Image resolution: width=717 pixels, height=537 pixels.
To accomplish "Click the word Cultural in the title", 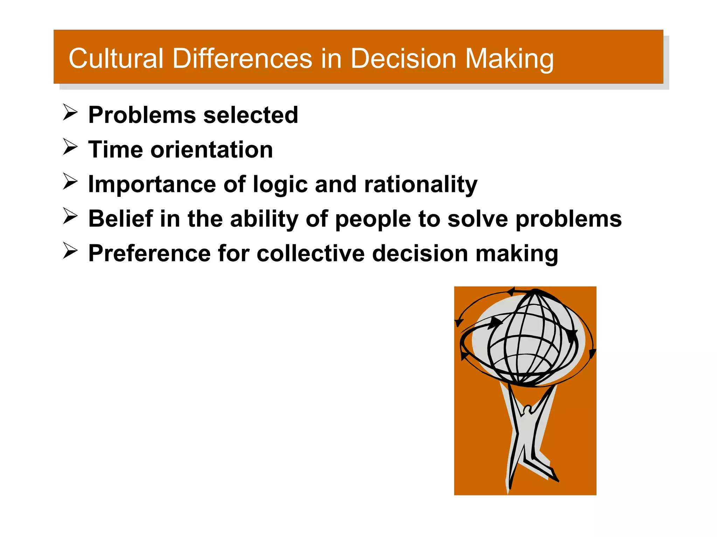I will pyautogui.click(x=116, y=58).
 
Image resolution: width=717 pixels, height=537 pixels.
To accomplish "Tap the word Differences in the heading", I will pyautogui.click(x=242, y=58).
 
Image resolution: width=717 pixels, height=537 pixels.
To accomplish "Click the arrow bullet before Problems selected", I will pyautogui.click(x=70, y=113).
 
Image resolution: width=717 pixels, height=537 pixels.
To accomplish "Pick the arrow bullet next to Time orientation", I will pyautogui.click(x=70, y=147).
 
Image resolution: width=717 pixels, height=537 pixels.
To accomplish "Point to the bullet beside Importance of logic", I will pyautogui.click(x=70, y=181).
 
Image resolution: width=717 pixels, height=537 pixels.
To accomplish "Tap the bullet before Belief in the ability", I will pyautogui.click(x=70, y=216).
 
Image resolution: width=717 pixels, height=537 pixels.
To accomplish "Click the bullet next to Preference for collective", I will pyautogui.click(x=70, y=251).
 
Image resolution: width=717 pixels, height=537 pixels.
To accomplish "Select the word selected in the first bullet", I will pyautogui.click(x=251, y=115).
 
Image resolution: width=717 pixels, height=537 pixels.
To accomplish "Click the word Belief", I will pyautogui.click(x=120, y=219).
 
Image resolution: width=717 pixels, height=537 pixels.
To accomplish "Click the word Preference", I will pyautogui.click(x=149, y=253).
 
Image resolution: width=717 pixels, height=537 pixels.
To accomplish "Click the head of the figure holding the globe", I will pyautogui.click(x=527, y=409).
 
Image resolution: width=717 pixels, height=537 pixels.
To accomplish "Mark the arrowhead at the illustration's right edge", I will pyautogui.click(x=592, y=353).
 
